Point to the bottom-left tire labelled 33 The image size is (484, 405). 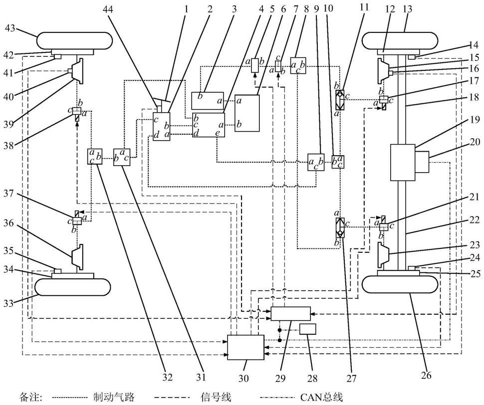[73, 287]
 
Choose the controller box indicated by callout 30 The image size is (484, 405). [245, 347]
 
